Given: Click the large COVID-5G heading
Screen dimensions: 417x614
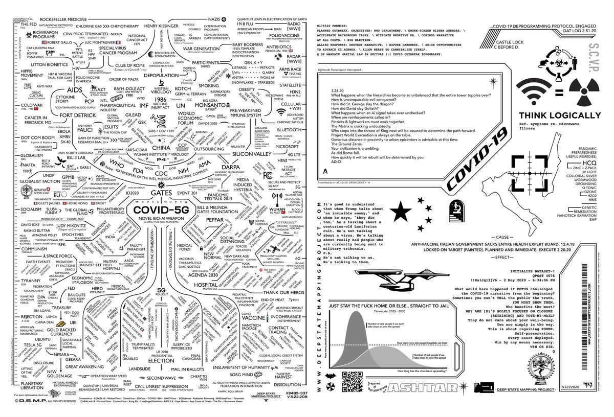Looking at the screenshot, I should (x=157, y=210).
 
